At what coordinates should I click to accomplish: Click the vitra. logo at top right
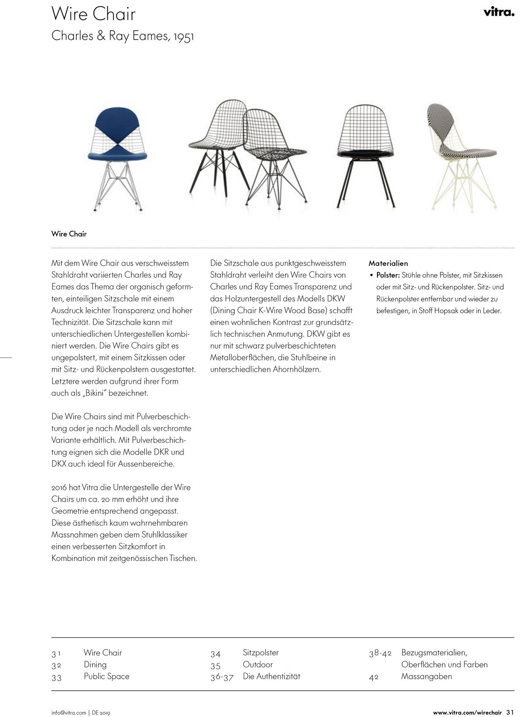(499, 12)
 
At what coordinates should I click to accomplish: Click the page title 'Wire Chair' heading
(93, 14)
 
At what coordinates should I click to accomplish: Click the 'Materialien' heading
(388, 264)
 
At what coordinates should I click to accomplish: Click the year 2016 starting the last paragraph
(59, 488)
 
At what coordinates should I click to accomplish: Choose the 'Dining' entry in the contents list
(95, 665)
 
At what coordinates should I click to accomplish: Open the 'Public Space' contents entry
(107, 677)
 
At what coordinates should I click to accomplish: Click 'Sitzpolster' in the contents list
(260, 653)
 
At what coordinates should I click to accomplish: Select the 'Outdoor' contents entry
(257, 665)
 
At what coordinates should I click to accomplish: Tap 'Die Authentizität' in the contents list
(271, 677)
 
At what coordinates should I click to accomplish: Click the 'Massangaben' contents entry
(426, 677)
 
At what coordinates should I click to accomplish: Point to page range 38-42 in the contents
(380, 653)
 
